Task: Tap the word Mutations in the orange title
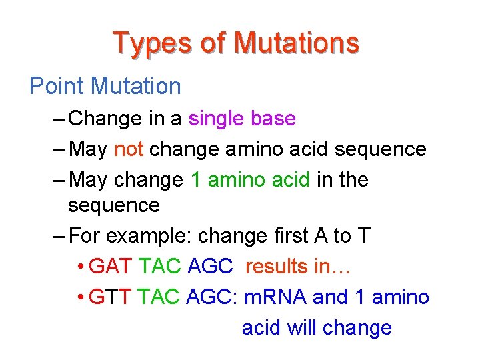297,43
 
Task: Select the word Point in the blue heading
57,86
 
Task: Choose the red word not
129,149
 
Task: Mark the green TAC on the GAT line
160,267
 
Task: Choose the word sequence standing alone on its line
114,205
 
